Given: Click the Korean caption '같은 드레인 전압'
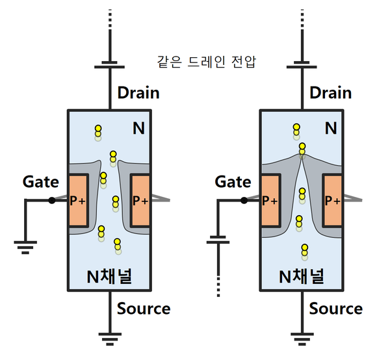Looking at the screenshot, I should (x=207, y=62).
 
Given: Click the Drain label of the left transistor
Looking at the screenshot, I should (x=138, y=92).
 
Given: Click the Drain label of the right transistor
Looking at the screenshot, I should (x=330, y=92).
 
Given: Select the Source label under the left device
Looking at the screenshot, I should (x=144, y=309).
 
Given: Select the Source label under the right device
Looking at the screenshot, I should (x=335, y=309).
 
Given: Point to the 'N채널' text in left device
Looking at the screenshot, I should (x=109, y=277).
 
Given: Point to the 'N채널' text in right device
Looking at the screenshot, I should (x=301, y=277).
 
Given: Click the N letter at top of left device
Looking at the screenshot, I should (x=138, y=128).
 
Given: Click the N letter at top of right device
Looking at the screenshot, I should (x=331, y=128).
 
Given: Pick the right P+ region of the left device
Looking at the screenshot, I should (x=140, y=201).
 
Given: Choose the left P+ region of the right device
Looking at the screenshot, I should (x=270, y=201).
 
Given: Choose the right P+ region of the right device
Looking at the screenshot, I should (x=333, y=201).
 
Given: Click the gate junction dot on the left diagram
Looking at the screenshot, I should (x=52, y=200).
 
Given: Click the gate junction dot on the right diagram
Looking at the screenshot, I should (x=244, y=200).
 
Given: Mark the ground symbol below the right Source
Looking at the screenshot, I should (x=301, y=338).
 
